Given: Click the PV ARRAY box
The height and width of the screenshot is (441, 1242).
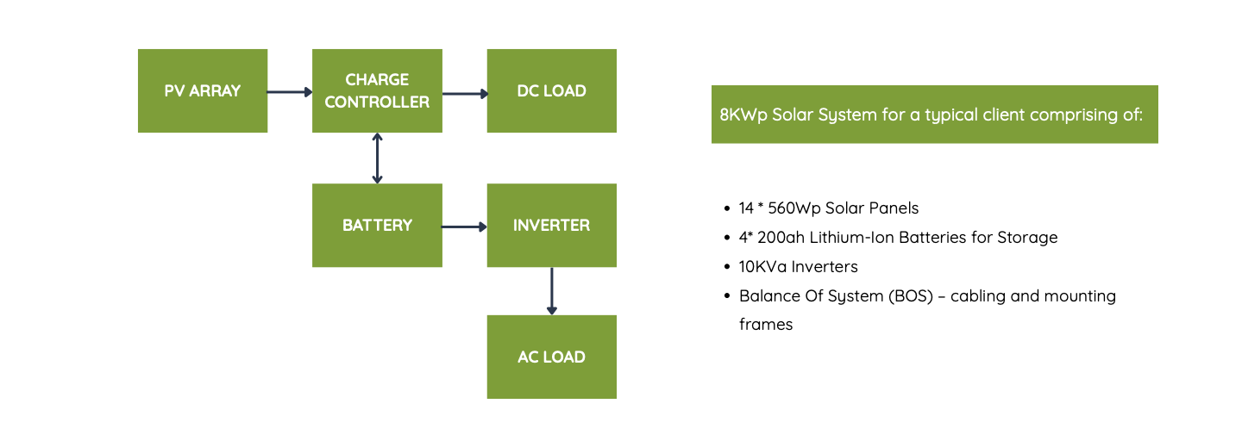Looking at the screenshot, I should coord(203,90).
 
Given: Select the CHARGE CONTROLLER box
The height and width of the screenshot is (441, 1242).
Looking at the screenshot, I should coord(377,90).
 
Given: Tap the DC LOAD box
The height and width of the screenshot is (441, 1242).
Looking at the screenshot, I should coord(552,90).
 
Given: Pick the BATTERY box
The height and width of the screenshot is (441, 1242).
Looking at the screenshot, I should coord(377,225).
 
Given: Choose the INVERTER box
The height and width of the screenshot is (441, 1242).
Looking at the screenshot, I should coord(552,225).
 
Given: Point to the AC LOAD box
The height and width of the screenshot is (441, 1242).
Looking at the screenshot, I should coord(552,357).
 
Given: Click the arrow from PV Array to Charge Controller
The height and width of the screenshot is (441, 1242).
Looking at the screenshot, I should coord(290,91).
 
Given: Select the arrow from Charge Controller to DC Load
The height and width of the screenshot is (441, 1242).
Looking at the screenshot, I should coord(465,93).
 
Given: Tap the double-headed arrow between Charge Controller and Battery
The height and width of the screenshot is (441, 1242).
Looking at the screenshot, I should coord(377,158).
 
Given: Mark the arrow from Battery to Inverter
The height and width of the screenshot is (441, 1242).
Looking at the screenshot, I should coord(465,227).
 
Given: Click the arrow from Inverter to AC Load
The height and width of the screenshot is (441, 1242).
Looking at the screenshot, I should coord(552,291).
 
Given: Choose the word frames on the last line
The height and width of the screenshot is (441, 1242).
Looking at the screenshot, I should coord(766,325).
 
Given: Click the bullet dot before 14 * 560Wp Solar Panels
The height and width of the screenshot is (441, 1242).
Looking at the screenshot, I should coord(727,208).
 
